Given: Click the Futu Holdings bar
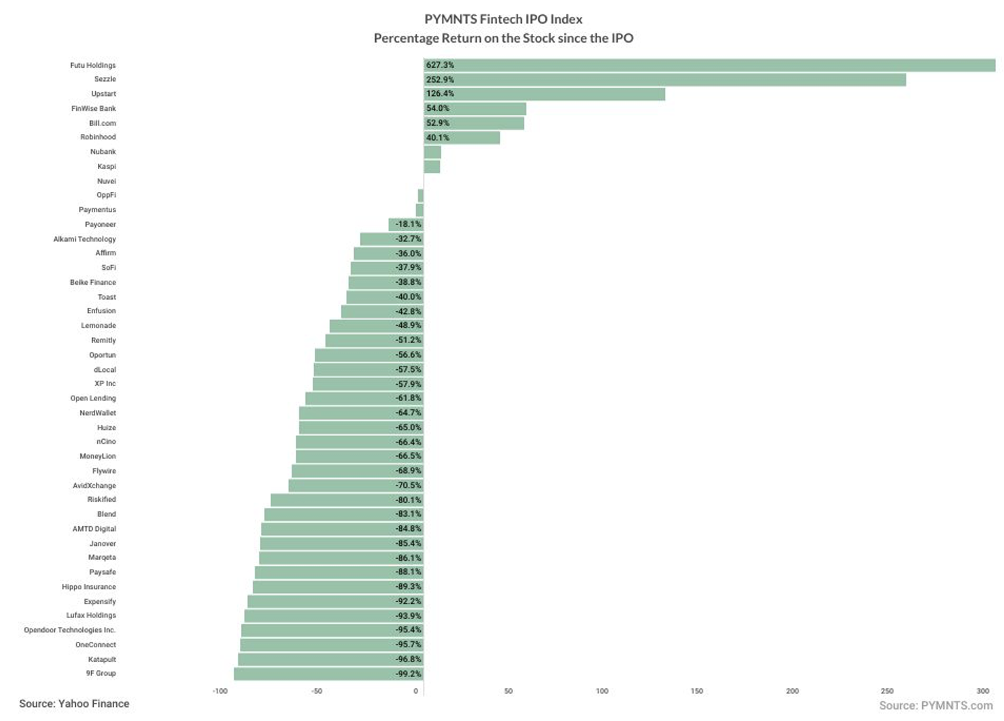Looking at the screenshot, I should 709,65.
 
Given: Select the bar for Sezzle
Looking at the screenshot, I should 665,80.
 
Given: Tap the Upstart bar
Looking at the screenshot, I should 545,94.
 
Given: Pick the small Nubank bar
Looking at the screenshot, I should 432,152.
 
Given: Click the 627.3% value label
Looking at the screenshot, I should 440,65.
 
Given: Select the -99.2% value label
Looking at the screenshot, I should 408,674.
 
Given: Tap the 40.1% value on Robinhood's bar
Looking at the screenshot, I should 438,138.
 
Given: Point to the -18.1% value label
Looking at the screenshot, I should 408,224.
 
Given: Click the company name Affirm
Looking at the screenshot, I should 105,253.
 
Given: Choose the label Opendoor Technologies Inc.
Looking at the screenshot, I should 70,630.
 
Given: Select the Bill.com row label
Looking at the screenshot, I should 103,123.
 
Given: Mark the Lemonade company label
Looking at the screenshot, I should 99,325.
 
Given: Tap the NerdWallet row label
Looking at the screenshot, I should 98,413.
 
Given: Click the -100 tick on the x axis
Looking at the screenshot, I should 220,691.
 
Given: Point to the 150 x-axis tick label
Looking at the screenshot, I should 697,691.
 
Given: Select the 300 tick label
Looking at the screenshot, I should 983,691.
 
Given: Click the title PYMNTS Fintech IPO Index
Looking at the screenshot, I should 503,19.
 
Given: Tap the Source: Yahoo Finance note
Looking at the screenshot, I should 74,704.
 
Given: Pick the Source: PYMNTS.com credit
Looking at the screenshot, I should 936,706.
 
